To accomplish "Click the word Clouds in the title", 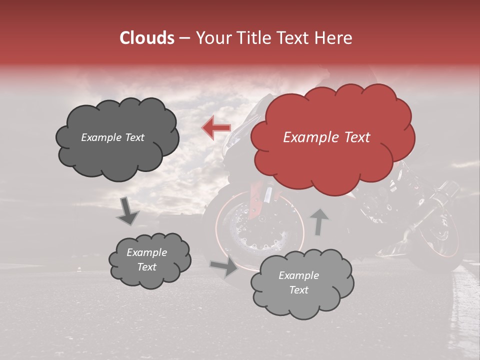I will [146, 38].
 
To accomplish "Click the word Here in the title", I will [335, 38].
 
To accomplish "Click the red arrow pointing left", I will [216, 128].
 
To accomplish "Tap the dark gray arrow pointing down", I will [127, 211].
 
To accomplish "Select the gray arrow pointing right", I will [224, 267].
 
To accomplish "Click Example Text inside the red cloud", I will [326, 137].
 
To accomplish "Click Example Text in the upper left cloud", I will [112, 137].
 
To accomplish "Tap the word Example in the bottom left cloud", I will [146, 252].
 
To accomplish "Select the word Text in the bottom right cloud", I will [298, 290].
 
